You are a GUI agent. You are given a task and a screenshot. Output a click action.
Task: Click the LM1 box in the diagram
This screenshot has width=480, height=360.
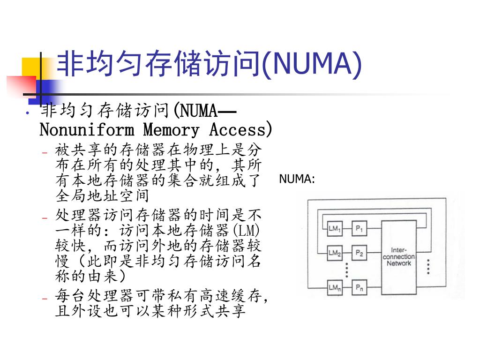pyautogui.click(x=334, y=229)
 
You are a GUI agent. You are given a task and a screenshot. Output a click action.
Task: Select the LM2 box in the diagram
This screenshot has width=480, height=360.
pyautogui.click(x=334, y=253)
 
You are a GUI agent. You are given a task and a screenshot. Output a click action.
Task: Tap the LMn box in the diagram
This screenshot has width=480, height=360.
pyautogui.click(x=334, y=287)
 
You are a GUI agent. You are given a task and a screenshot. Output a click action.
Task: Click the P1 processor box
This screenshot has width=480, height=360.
pyautogui.click(x=360, y=229)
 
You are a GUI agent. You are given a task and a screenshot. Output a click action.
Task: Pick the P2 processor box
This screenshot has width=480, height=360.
pyautogui.click(x=360, y=253)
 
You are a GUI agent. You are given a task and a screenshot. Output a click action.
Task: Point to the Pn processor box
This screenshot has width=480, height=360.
pyautogui.click(x=360, y=287)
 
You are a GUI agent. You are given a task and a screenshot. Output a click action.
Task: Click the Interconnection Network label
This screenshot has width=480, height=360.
pyautogui.click(x=398, y=256)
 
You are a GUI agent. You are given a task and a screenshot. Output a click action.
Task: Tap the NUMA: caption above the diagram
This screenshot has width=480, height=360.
pyautogui.click(x=297, y=179)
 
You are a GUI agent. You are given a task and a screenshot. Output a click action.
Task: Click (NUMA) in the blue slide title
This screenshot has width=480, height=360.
pyautogui.click(x=311, y=64)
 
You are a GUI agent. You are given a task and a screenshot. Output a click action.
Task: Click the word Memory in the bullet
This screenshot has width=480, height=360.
pyautogui.click(x=171, y=129)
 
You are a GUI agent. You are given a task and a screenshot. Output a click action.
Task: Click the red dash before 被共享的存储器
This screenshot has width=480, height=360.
pyautogui.click(x=45, y=152)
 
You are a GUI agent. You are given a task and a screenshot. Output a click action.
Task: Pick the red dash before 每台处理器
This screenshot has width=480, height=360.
pyautogui.click(x=45, y=298)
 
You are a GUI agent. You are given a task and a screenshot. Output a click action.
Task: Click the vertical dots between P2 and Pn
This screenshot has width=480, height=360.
pyautogui.click(x=346, y=270)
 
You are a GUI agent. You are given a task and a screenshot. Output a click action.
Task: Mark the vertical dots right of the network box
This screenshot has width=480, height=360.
pyautogui.click(x=428, y=266)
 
